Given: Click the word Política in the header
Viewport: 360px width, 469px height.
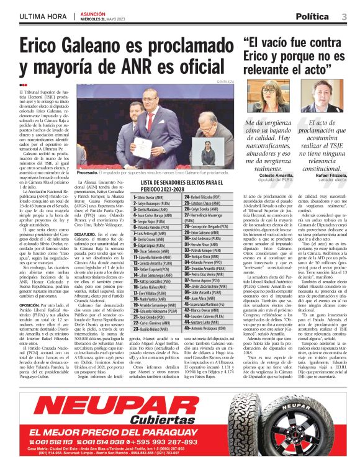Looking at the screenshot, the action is pyautogui.click(x=312, y=16).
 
